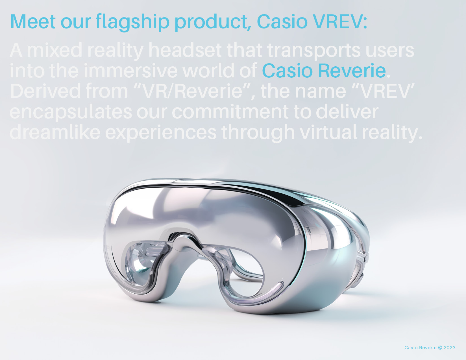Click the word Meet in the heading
point(33,21)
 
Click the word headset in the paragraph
point(185,50)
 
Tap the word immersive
point(130,71)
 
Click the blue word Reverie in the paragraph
point(352,71)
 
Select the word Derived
point(45,91)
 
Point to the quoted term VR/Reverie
point(192,91)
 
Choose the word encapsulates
point(71,112)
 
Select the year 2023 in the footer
point(450,348)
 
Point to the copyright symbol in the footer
point(440,348)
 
